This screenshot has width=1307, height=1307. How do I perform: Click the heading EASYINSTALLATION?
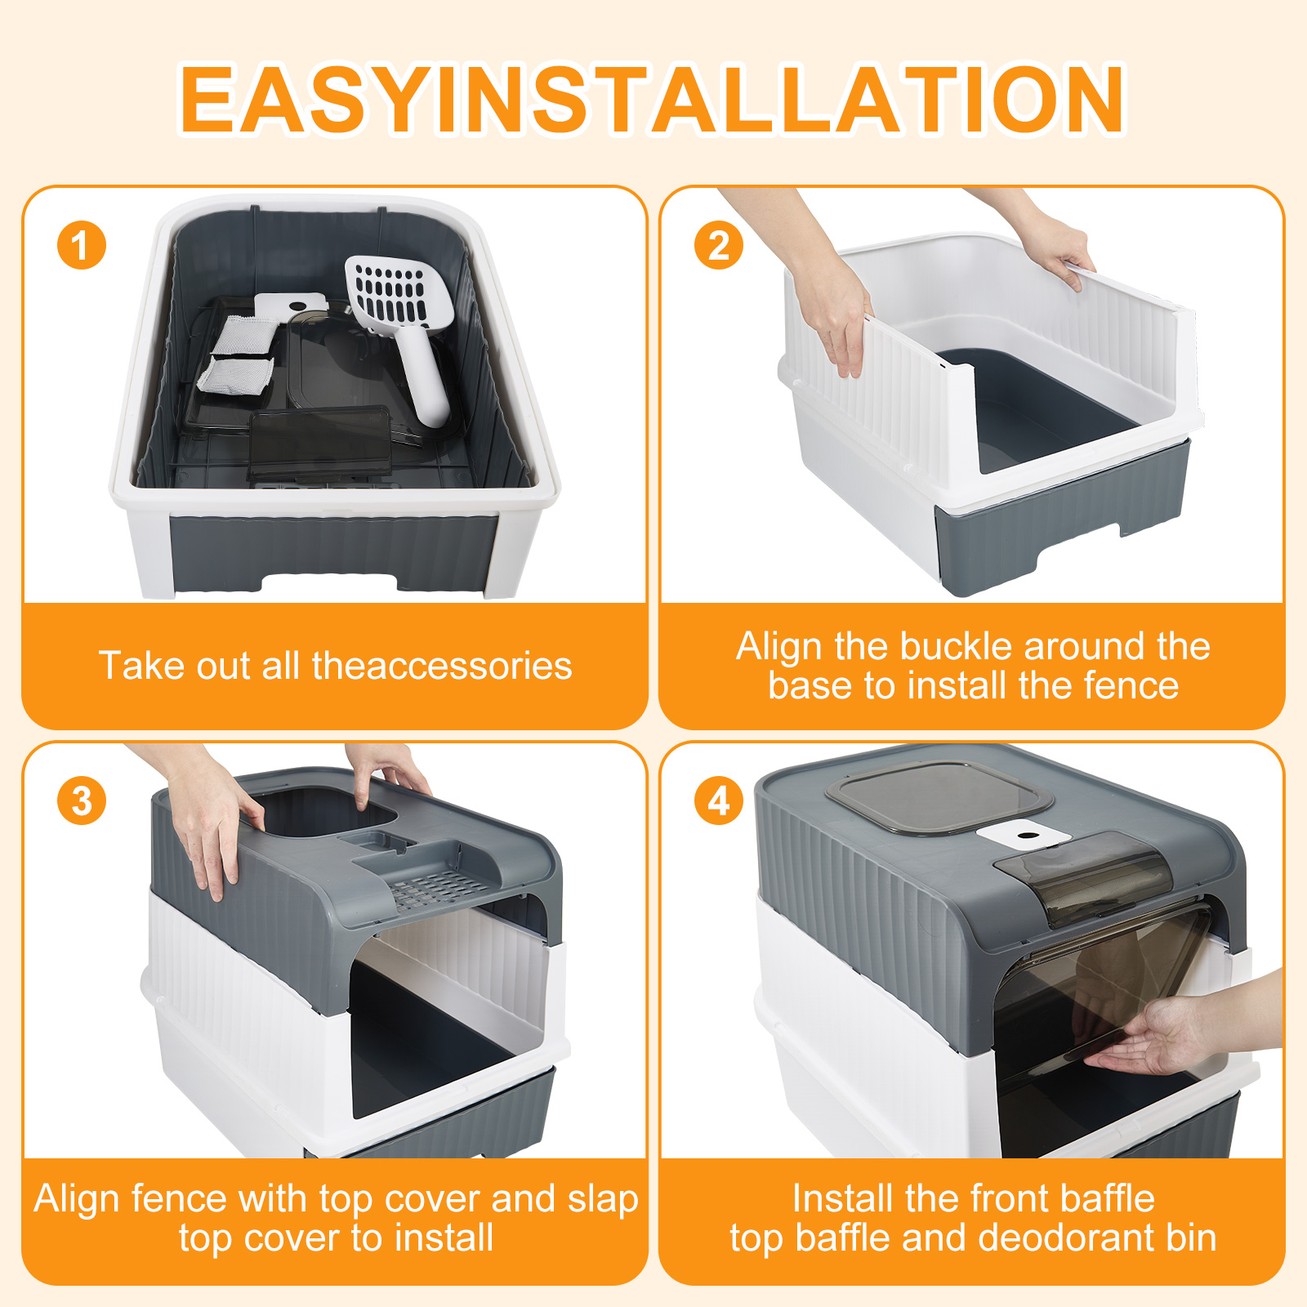coord(652,99)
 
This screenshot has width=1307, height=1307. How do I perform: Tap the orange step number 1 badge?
coord(82,245)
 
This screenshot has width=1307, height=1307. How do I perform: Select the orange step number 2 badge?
coord(719,245)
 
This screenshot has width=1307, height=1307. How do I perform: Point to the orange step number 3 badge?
coord(82,801)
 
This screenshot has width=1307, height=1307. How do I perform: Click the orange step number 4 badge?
coord(719,801)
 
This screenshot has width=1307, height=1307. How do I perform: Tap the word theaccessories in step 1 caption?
coord(442,666)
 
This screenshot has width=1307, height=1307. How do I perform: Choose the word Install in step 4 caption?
coord(841,1198)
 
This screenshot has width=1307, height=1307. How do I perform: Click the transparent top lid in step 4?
coord(939,796)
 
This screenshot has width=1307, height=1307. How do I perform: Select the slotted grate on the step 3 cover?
coord(433,886)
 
